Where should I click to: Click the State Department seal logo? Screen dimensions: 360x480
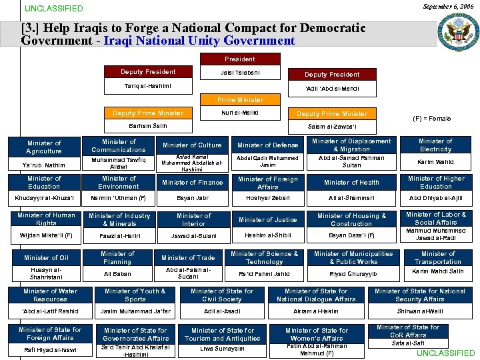(x=457, y=33)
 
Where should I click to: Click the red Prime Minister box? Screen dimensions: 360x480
(x=240, y=99)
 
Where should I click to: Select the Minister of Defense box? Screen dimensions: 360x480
(x=267, y=145)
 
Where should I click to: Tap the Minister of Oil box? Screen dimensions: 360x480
(x=46, y=257)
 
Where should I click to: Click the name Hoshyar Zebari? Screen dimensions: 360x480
(x=267, y=199)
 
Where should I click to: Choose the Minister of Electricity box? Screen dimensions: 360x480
(x=435, y=145)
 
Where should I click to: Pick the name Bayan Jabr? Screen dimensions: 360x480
(x=192, y=199)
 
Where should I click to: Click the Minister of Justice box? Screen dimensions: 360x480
(x=267, y=219)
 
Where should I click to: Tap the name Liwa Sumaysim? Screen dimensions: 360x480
(x=222, y=349)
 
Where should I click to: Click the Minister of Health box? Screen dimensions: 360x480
(x=351, y=182)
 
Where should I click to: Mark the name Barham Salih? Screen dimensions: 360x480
(x=148, y=125)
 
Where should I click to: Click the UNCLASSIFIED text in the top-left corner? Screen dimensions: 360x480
(x=53, y=9)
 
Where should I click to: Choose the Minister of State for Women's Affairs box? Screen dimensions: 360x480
(x=316, y=334)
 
